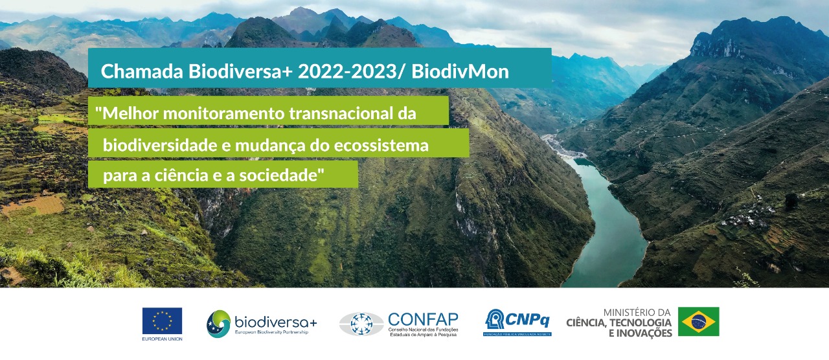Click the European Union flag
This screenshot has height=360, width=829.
tap(162, 321)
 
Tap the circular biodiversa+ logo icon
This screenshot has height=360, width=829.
tap(218, 324)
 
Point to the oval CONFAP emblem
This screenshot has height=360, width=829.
tap(361, 324)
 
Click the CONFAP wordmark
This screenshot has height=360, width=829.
tap(423, 319)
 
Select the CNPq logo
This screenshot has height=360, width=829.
tap(517, 321)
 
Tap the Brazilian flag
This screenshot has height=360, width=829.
tap(698, 321)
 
